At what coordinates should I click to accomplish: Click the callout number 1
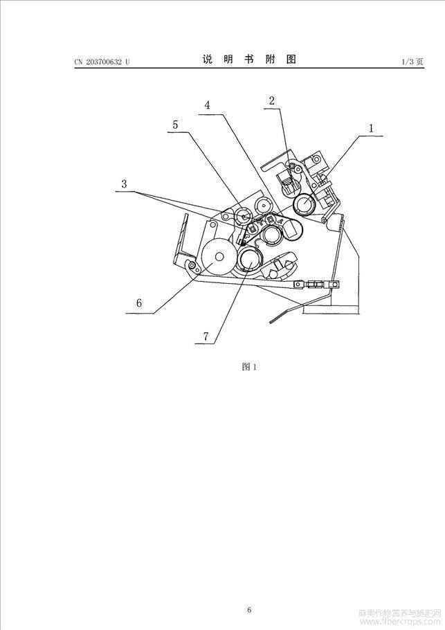[371, 128]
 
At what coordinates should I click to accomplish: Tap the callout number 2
[272, 100]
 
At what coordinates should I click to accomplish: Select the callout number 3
[124, 184]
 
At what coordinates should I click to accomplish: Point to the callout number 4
[207, 105]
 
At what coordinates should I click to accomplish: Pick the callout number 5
[175, 125]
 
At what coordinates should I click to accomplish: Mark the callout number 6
[139, 303]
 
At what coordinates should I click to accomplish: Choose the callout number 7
[206, 336]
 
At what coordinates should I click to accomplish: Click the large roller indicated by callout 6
[219, 256]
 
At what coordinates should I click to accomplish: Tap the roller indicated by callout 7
[249, 260]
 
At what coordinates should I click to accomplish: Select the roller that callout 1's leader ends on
[305, 205]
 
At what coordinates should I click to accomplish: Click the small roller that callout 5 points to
[244, 215]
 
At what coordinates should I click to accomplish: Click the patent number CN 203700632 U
[102, 62]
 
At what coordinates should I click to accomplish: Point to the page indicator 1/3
[407, 62]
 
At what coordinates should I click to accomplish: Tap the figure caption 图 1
[249, 366]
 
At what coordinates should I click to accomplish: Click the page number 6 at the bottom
[249, 587]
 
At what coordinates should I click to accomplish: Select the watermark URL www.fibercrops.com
[401, 622]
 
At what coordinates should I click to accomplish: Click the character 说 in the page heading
[207, 60]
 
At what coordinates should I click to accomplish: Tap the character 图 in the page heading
[291, 60]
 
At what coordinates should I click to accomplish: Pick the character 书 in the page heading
[249, 60]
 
